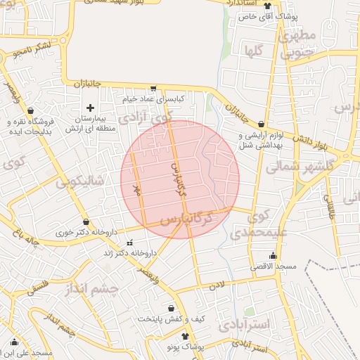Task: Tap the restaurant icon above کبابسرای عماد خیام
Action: pos(153,89)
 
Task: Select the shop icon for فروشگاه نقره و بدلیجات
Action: pos(30,111)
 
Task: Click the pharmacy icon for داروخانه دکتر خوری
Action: pos(86,221)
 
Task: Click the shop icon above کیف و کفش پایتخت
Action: pos(171,308)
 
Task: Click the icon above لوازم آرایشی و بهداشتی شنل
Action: pos(261,124)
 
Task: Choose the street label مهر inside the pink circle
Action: pos(138,188)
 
